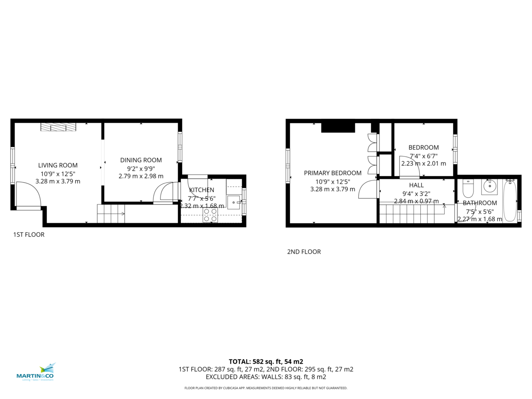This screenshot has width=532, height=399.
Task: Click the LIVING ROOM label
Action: click(58, 165)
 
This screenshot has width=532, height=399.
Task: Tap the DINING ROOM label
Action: click(141, 160)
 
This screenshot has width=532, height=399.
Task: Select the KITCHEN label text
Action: click(202, 190)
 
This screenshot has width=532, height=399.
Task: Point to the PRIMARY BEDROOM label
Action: click(332, 173)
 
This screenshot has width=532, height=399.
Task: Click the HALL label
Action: click(416, 185)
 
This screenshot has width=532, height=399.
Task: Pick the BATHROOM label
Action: click(480, 203)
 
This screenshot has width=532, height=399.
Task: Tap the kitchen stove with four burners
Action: click(210, 215)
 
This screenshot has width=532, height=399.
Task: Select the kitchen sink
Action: click(233, 202)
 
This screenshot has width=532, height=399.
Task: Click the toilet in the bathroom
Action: click(468, 189)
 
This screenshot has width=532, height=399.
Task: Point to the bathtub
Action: click(510, 200)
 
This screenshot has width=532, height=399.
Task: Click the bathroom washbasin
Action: click(489, 187)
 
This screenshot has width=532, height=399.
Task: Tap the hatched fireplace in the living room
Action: click(59, 127)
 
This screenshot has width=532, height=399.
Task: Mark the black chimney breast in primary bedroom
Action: click(338, 128)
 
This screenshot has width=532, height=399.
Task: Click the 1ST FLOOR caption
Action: click(29, 235)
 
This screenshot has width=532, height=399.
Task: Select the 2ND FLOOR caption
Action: click(304, 252)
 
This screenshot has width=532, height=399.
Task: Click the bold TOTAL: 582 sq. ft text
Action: click(266, 361)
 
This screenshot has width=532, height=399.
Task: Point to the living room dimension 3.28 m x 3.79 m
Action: click(58, 181)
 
